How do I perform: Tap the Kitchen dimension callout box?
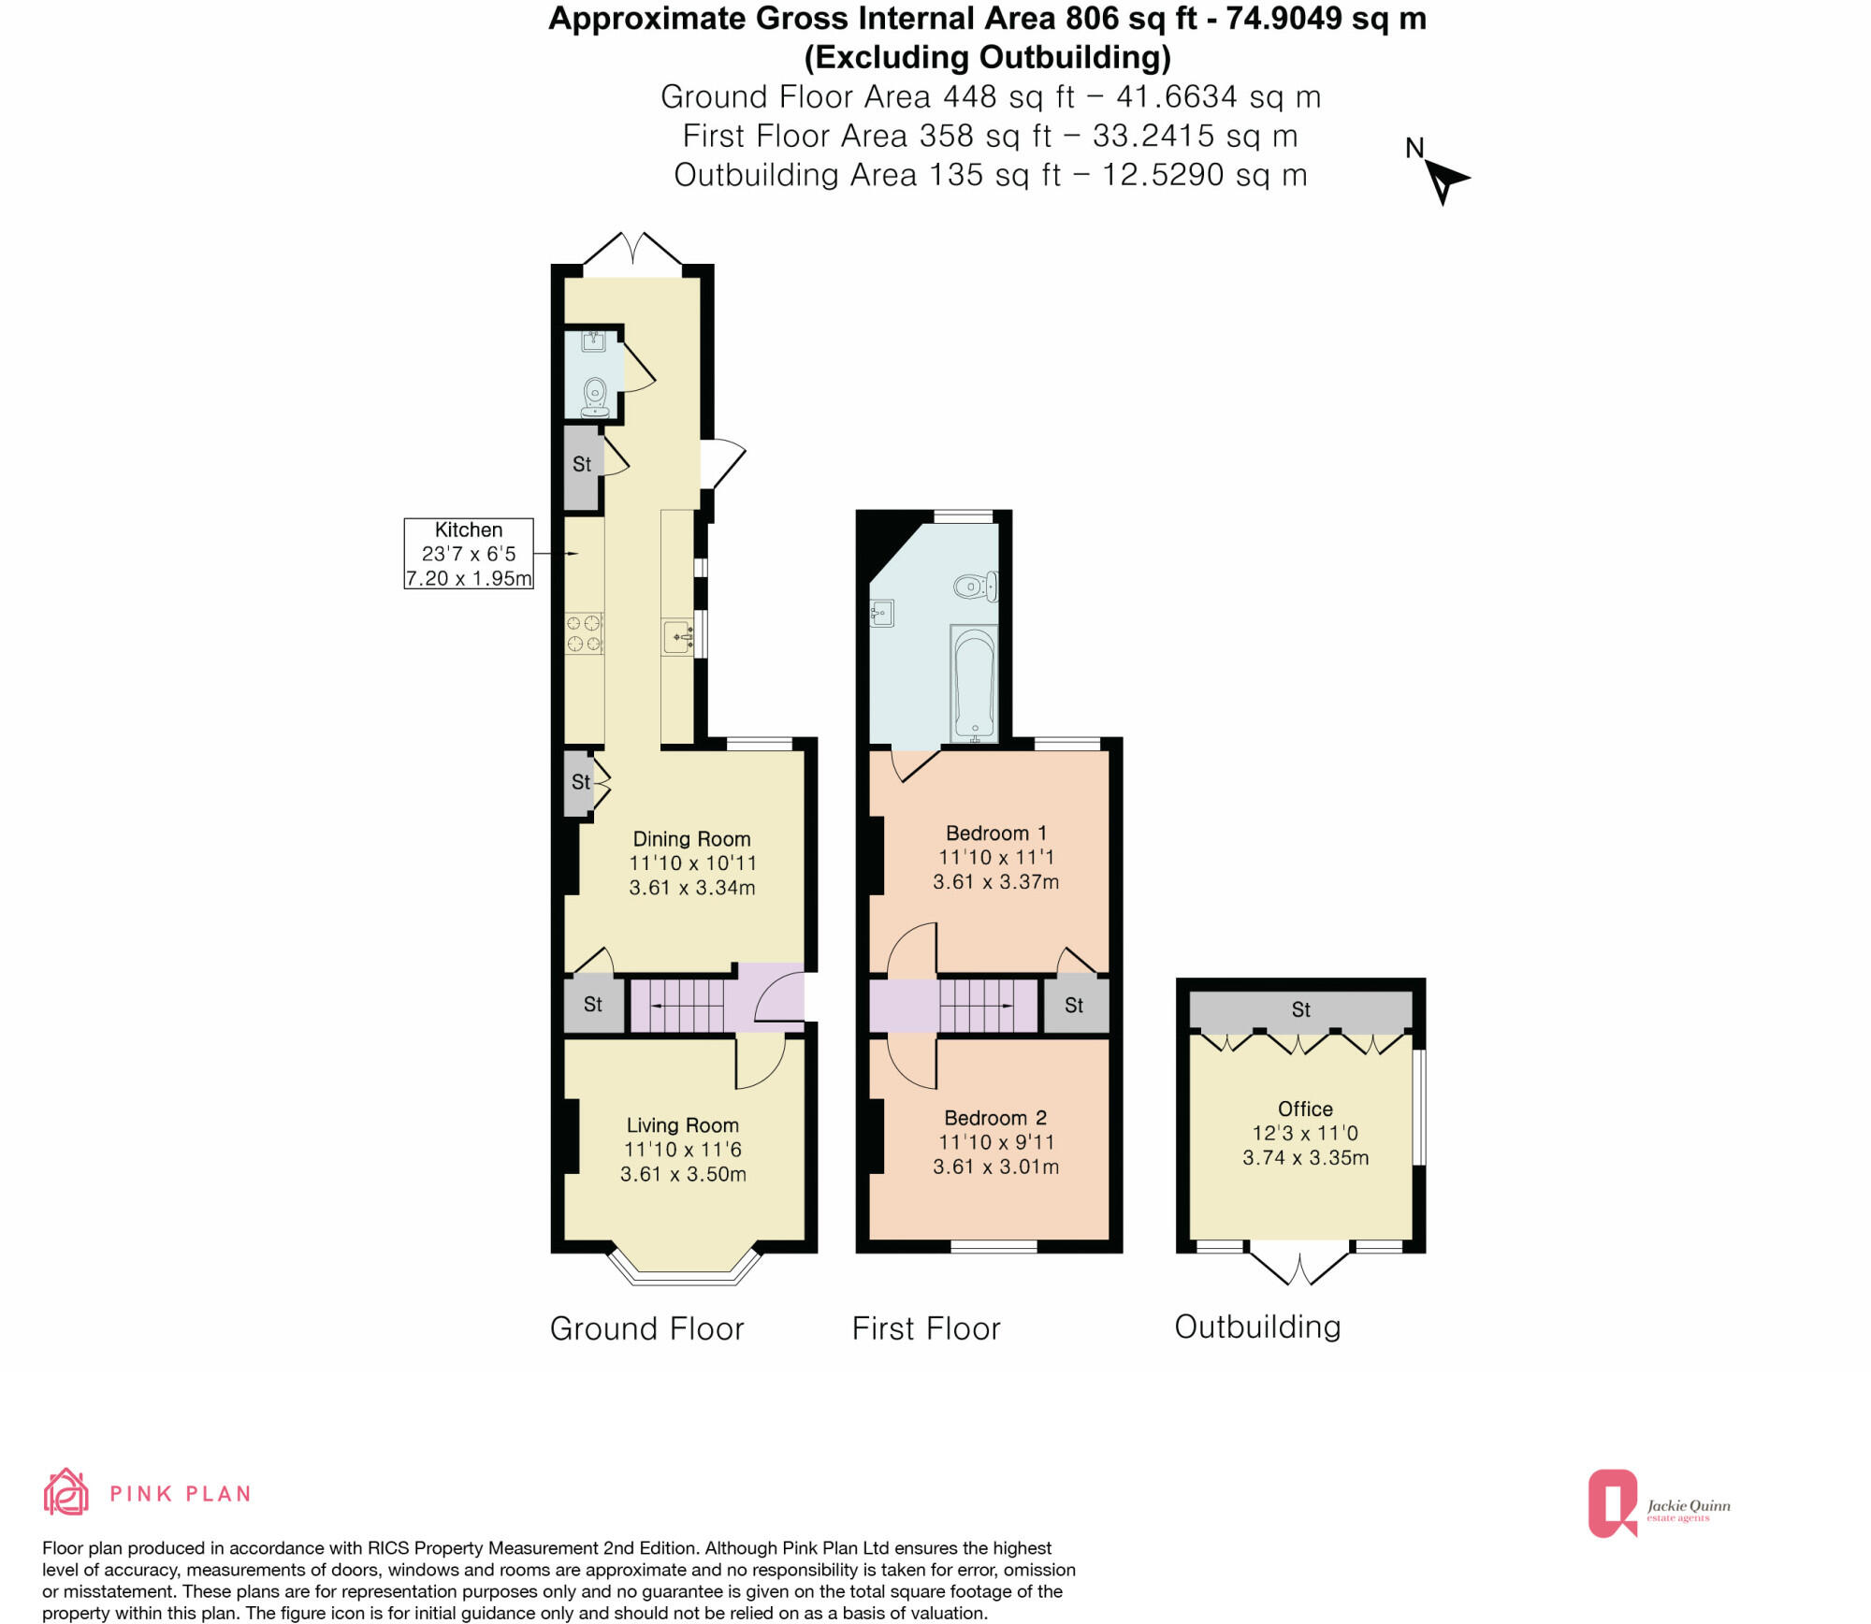pos(469,554)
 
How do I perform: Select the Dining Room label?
pos(691,839)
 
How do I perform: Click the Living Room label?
pos(682,1125)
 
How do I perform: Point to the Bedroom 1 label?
pos(995,833)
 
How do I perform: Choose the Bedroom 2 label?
pos(994,1118)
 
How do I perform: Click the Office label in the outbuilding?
pos(1304,1109)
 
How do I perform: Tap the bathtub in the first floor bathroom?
pos(974,683)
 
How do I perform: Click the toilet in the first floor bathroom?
pos(975,587)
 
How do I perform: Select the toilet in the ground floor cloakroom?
pos(595,398)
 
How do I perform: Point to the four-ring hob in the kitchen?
pos(584,633)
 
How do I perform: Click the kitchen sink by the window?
pos(677,638)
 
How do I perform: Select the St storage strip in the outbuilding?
pos(1299,1010)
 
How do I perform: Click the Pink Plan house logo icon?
pos(66,1492)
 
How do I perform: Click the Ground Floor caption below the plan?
pos(646,1329)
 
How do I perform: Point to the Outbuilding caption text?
pos(1256,1327)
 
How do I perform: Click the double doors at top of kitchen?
pos(632,251)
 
